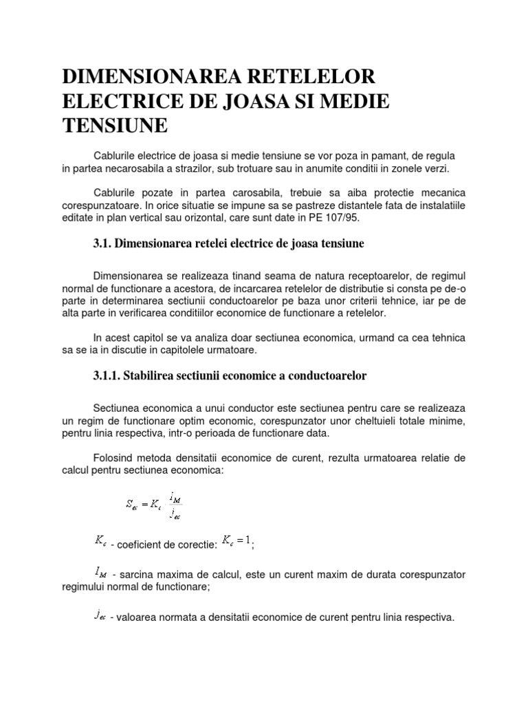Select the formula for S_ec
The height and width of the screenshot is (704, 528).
click(x=154, y=505)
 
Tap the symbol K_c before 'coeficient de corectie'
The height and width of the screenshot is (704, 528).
click(x=100, y=540)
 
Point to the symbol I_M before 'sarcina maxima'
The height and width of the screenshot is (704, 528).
click(x=100, y=573)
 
